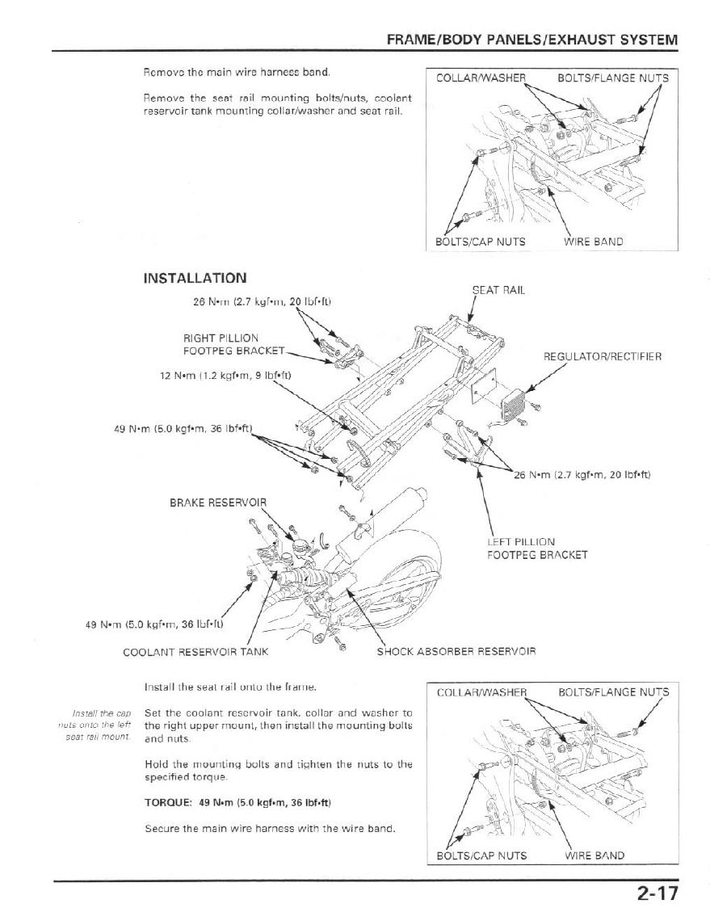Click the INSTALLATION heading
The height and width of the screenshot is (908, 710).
click(195, 278)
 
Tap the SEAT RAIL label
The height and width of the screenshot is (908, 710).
click(498, 291)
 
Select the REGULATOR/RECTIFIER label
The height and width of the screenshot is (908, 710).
click(603, 356)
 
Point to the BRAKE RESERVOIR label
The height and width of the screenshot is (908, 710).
click(217, 502)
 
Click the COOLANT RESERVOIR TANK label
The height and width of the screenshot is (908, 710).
click(195, 651)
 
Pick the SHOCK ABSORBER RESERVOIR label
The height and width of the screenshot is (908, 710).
click(456, 651)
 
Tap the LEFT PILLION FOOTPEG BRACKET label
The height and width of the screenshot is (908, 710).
click(537, 549)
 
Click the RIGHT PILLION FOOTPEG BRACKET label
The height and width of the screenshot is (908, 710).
click(222, 344)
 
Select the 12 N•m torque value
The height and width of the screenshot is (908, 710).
click(225, 375)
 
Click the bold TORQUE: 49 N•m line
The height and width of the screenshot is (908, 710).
click(238, 803)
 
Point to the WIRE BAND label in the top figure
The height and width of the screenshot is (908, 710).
click(593, 241)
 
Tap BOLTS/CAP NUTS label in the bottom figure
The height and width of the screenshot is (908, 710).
click(481, 855)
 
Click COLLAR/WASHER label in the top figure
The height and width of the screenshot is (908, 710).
click(481, 78)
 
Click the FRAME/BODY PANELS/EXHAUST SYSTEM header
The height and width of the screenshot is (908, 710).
click(531, 40)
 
